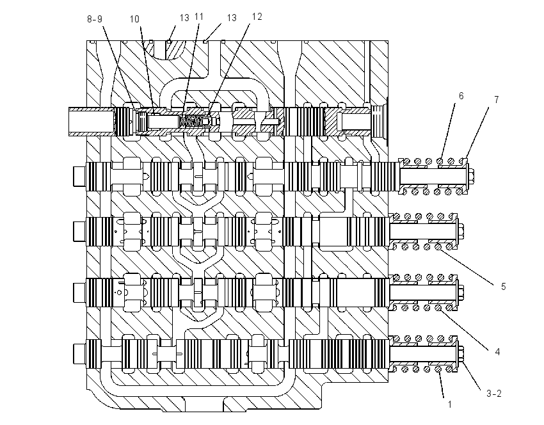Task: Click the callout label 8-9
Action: pyautogui.click(x=95, y=19)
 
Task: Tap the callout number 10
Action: pyautogui.click(x=134, y=19)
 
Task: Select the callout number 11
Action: pyautogui.click(x=199, y=17)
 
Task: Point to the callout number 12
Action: pyautogui.click(x=257, y=17)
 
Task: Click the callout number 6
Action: pyautogui.click(x=461, y=96)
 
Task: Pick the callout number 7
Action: pyautogui.click(x=497, y=100)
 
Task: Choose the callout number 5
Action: pyautogui.click(x=504, y=287)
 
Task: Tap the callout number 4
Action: pyautogui.click(x=497, y=352)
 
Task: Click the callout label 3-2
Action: pyautogui.click(x=493, y=394)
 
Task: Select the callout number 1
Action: pyautogui.click(x=450, y=404)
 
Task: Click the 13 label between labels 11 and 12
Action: pyautogui.click(x=232, y=18)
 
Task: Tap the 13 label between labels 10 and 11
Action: pyautogui.click(x=184, y=18)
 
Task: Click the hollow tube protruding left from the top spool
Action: pyautogui.click(x=92, y=122)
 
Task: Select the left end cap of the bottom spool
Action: pyautogui.click(x=79, y=353)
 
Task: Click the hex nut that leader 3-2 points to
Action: pyautogui.click(x=461, y=353)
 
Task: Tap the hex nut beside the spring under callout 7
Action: pyautogui.click(x=471, y=176)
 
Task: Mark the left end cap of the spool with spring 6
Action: pyautogui.click(x=79, y=176)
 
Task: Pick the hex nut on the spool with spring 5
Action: pyautogui.click(x=461, y=230)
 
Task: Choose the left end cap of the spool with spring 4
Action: pyautogui.click(x=79, y=292)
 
